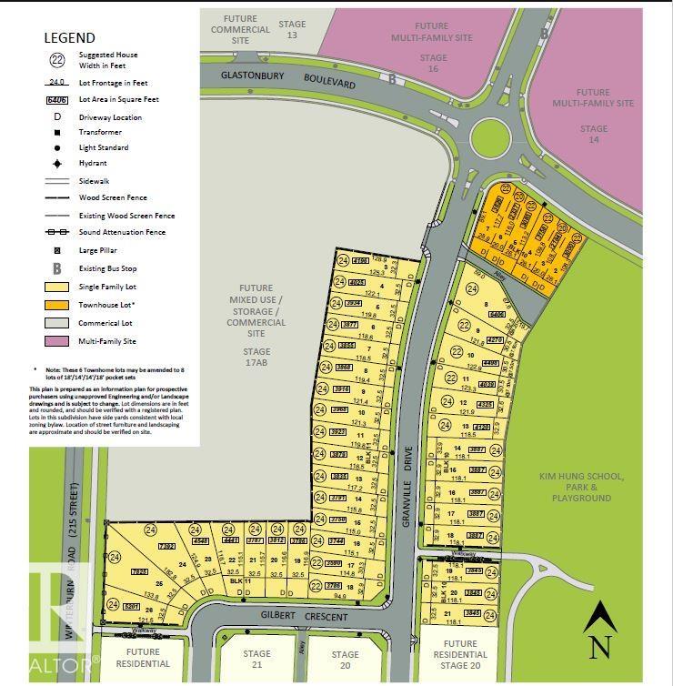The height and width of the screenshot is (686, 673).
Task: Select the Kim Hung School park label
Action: pyautogui.click(x=580, y=487)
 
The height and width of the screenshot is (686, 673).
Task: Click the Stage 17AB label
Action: pyautogui.click(x=256, y=357)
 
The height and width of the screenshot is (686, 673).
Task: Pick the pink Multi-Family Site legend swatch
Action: pyautogui.click(x=57, y=341)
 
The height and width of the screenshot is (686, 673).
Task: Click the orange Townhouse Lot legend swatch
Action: pyautogui.click(x=57, y=305)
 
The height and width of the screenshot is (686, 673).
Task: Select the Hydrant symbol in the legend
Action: pyautogui.click(x=57, y=164)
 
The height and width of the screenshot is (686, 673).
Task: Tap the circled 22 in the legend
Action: pyautogui.click(x=57, y=61)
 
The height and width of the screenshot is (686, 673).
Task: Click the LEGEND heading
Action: pyautogui.click(x=69, y=38)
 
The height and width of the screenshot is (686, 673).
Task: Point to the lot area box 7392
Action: pyautogui.click(x=166, y=547)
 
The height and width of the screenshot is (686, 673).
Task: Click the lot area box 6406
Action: pyautogui.click(x=496, y=314)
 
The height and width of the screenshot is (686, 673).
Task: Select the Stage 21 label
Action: pyautogui.click(x=256, y=660)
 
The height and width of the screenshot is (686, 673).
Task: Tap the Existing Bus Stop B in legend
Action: pyautogui.click(x=57, y=268)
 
